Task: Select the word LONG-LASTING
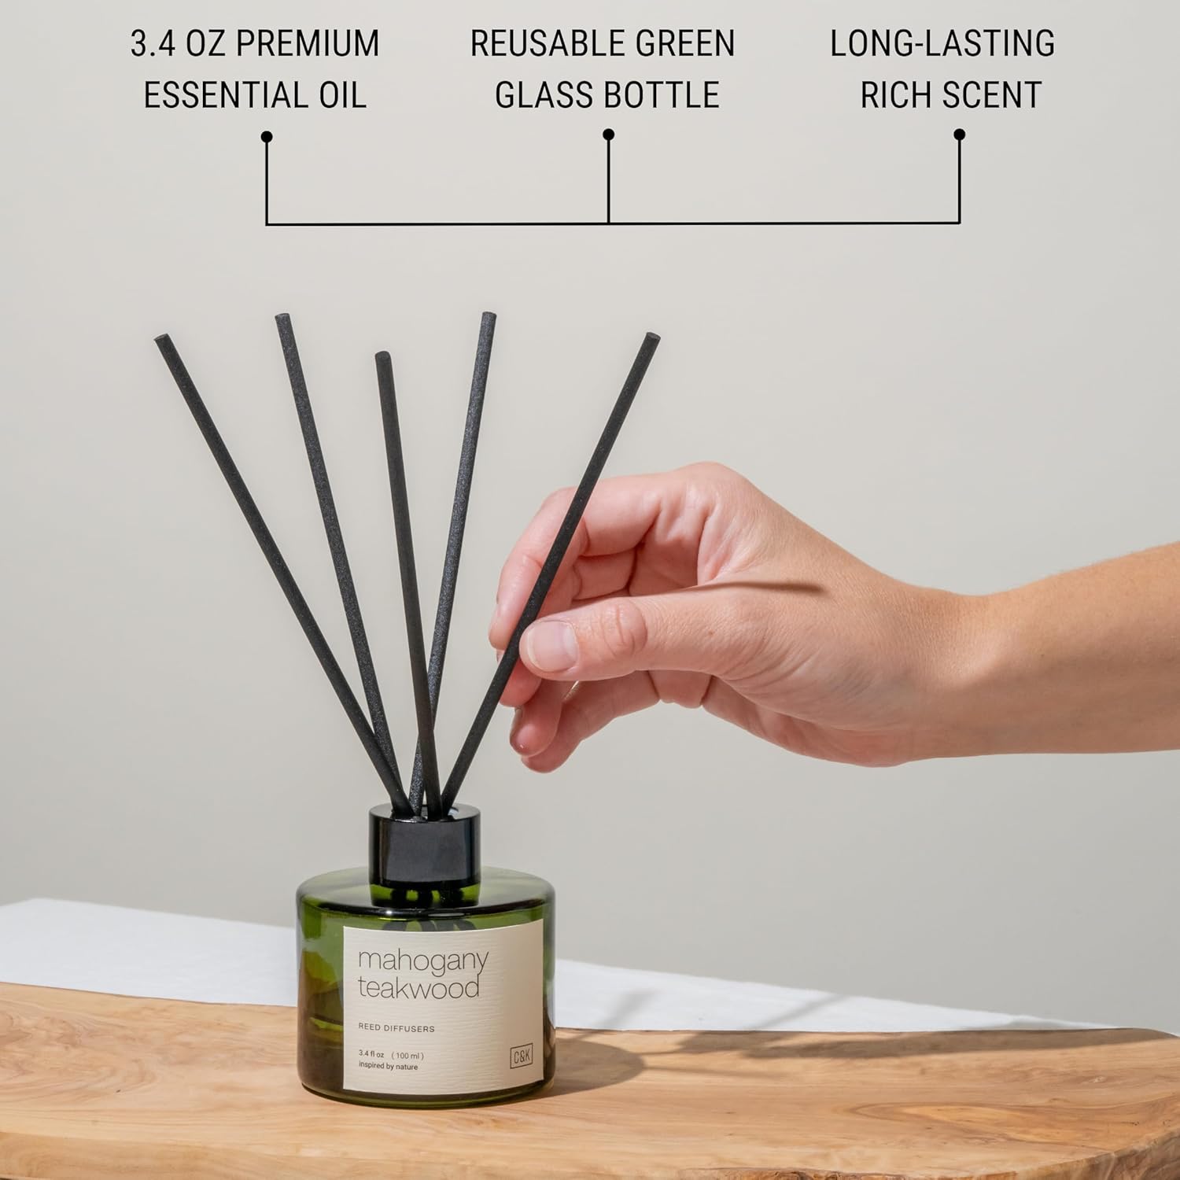click(x=942, y=43)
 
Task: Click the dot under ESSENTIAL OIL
click(x=267, y=137)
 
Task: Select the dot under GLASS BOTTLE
click(x=608, y=135)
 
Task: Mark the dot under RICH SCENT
click(x=959, y=135)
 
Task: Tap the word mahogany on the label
click(x=423, y=962)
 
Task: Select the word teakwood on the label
click(x=419, y=988)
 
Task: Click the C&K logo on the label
click(x=522, y=1057)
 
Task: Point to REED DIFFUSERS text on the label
click(x=396, y=1028)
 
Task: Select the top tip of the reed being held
click(x=652, y=338)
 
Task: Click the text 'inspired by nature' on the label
click(x=388, y=1067)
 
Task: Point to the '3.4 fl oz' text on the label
click(x=371, y=1054)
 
